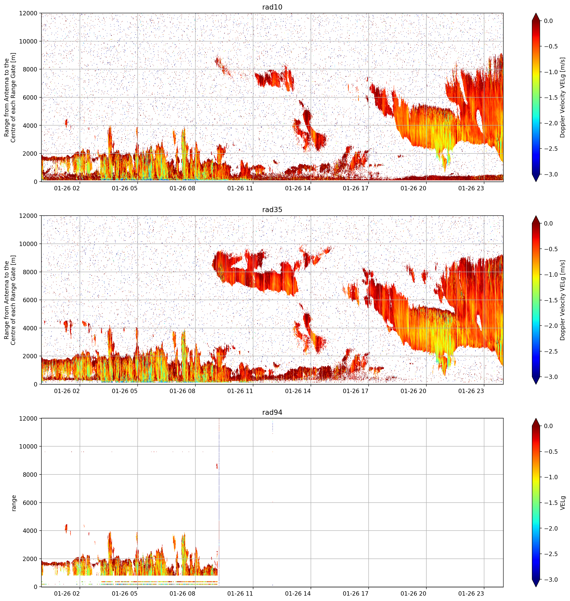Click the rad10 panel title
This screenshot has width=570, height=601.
tap(272, 7)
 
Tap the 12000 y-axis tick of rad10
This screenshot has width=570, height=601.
tap(28, 13)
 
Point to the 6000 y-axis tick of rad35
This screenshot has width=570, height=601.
tap(30, 300)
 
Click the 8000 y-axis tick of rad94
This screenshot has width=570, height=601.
tap(30, 474)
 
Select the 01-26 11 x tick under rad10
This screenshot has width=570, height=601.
tap(240, 188)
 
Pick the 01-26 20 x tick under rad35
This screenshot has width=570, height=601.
tap(413, 391)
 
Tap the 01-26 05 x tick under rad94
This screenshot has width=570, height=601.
tap(125, 593)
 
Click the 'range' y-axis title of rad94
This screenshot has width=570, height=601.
tap(14, 503)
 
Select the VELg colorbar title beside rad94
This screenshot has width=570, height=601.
tap(563, 503)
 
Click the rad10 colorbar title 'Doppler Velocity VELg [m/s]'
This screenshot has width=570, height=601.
tap(563, 98)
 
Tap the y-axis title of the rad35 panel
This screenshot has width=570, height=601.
tap(10, 300)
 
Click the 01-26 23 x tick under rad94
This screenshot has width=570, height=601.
tap(471, 593)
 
